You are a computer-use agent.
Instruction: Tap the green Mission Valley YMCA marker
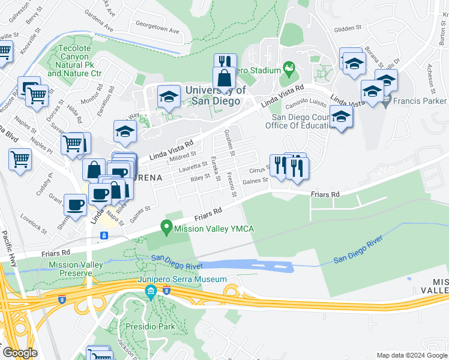(166, 228)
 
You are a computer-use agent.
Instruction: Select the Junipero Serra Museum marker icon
(150, 292)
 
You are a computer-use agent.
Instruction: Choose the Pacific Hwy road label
(10, 248)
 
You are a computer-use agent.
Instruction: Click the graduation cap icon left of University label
(169, 96)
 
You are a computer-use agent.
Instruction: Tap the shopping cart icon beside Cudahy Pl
(20, 160)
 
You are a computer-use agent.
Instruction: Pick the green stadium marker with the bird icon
(289, 70)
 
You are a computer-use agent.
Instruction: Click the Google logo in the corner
(20, 353)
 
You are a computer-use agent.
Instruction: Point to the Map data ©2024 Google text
(411, 355)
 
